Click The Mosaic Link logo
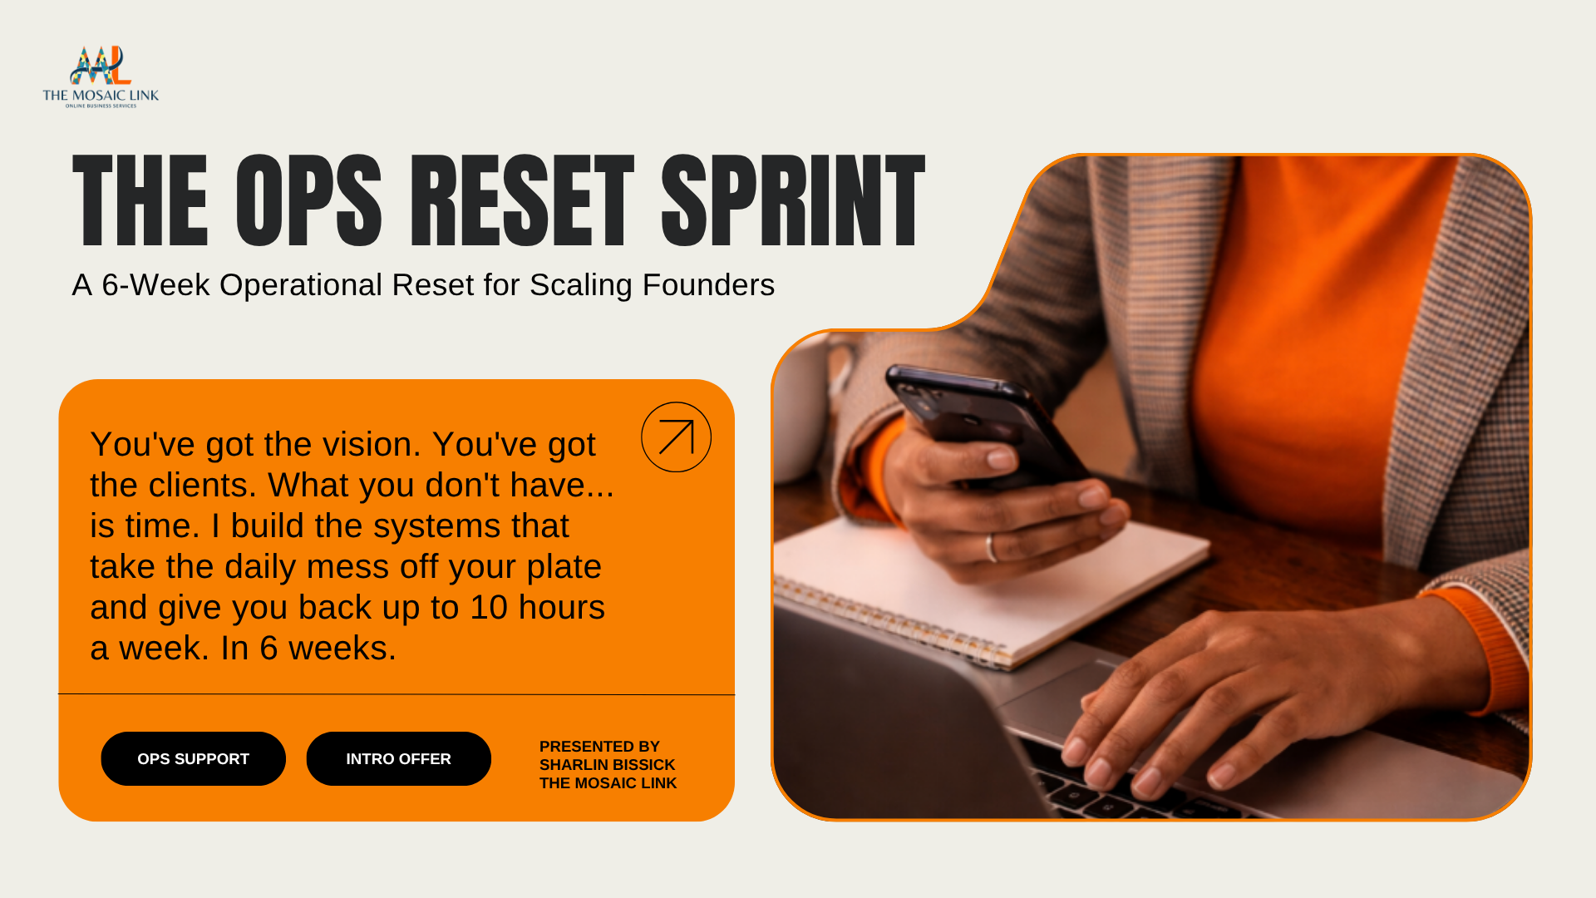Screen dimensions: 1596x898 tap(101, 76)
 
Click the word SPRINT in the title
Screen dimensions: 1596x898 tap(792, 201)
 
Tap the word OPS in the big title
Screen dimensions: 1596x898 tap(308, 201)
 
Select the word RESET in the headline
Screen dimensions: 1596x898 tap(521, 201)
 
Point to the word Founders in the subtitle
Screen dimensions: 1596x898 tap(708, 285)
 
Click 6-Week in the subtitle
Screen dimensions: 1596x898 tap(155, 285)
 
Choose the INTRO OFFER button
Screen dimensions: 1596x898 tap(398, 758)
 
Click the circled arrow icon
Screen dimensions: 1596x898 tap(676, 437)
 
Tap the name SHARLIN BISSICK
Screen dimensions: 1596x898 tap(607, 765)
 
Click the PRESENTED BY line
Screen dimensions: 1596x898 tap(599, 747)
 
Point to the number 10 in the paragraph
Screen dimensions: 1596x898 tap(489, 608)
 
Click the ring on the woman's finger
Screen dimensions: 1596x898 tap(991, 548)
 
